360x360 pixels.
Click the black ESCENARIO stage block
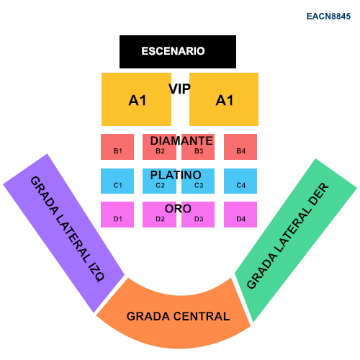click(x=178, y=52)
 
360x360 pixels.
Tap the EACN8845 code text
click(x=328, y=17)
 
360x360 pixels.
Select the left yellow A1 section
click(x=136, y=99)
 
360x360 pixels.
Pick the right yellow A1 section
click(x=224, y=99)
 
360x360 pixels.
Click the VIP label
click(x=179, y=89)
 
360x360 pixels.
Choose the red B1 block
click(x=117, y=147)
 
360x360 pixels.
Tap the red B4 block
click(x=240, y=147)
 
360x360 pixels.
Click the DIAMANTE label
click(x=181, y=140)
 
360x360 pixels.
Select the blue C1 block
click(x=117, y=181)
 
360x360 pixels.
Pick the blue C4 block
click(x=240, y=181)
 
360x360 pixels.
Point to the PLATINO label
click(x=176, y=175)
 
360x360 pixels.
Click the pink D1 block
click(x=117, y=215)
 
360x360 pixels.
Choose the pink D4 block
click(x=240, y=215)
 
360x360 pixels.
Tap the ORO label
click(x=178, y=209)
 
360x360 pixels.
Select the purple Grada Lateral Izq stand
click(x=63, y=233)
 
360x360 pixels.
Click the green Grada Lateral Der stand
click(x=296, y=240)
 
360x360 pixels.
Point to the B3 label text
click(x=199, y=151)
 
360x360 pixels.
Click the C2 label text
click(x=160, y=185)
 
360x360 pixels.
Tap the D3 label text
click(x=199, y=219)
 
